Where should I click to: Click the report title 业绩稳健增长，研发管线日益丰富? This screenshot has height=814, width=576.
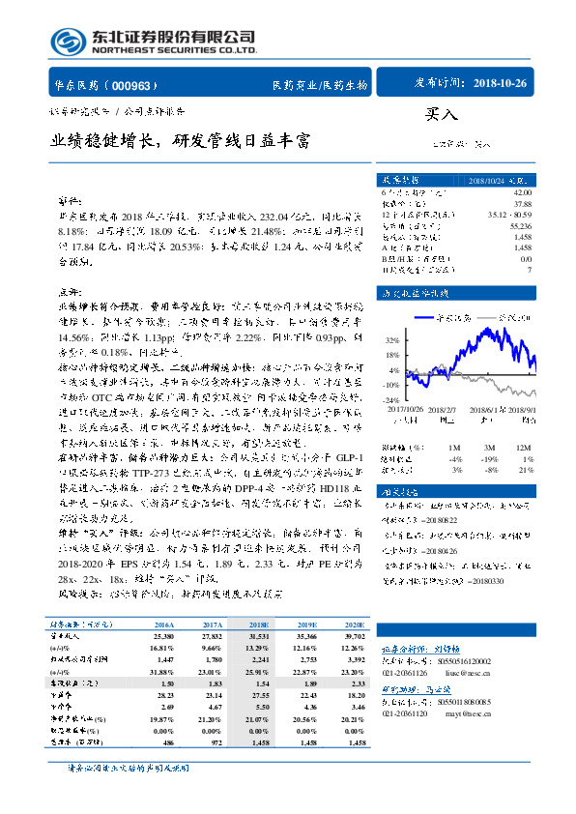coord(182,139)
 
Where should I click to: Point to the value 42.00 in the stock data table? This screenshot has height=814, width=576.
coord(523,193)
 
